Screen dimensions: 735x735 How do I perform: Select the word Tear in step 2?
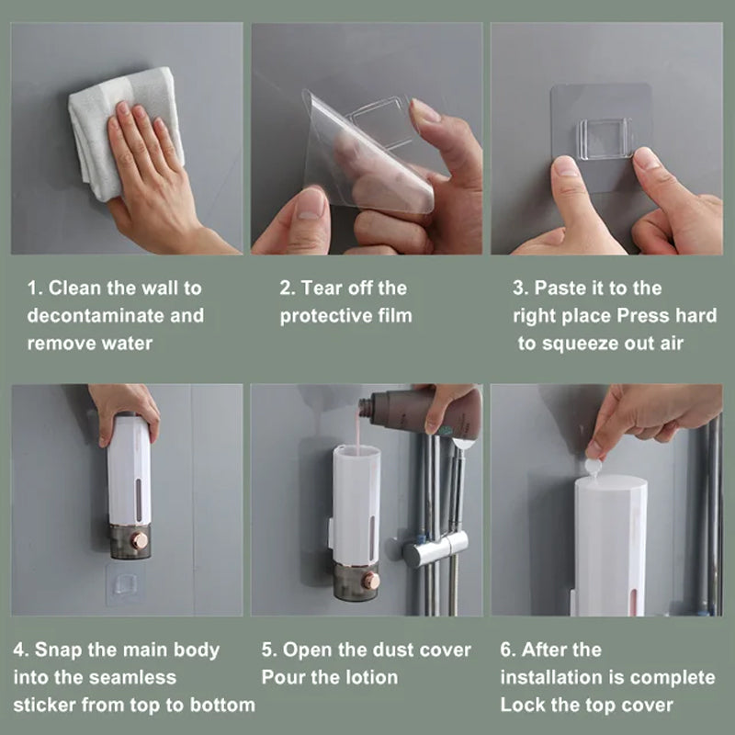tap(323, 288)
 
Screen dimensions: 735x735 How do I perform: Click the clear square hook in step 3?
tap(605, 138)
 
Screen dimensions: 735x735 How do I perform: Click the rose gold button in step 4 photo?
tap(140, 540)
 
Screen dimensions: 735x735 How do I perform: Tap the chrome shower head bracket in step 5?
tap(427, 551)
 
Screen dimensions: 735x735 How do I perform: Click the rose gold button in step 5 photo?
tap(371, 581)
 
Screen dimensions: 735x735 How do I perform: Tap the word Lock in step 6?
tap(520, 705)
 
